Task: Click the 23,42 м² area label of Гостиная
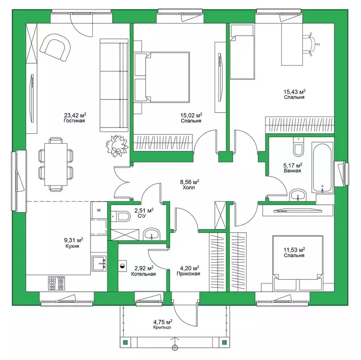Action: pyautogui.click(x=75, y=115)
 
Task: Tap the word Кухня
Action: pyautogui.click(x=72, y=246)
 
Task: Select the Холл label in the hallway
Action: pyautogui.click(x=188, y=188)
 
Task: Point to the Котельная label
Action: pyautogui.click(x=143, y=274)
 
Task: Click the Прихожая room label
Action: pyautogui.click(x=188, y=274)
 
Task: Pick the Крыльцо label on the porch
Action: pyautogui.click(x=162, y=328)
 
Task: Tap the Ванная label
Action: pyautogui.click(x=292, y=171)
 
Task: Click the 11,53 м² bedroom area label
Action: pyautogui.click(x=294, y=250)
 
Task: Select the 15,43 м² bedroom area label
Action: pyautogui.click(x=294, y=92)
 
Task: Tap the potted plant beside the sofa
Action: pyautogui.click(x=117, y=146)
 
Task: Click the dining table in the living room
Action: pyautogui.click(x=56, y=164)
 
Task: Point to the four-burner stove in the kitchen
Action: pyautogui.click(x=56, y=283)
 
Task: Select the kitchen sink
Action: pyautogui.click(x=99, y=263)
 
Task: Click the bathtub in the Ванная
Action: pyautogui.click(x=323, y=168)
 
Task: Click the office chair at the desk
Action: pyautogui.click(x=311, y=44)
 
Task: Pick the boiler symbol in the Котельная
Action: pyautogui.click(x=123, y=266)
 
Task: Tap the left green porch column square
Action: pyautogui.click(x=125, y=342)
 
